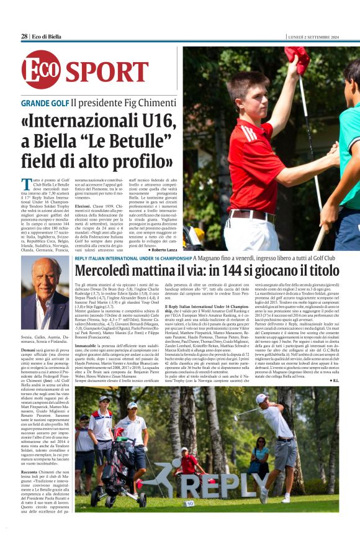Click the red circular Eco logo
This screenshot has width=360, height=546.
click(41, 69)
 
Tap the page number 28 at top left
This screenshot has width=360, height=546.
click(24, 37)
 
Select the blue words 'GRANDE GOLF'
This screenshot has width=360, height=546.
click(44, 102)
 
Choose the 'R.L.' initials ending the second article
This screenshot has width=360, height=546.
click(335, 380)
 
